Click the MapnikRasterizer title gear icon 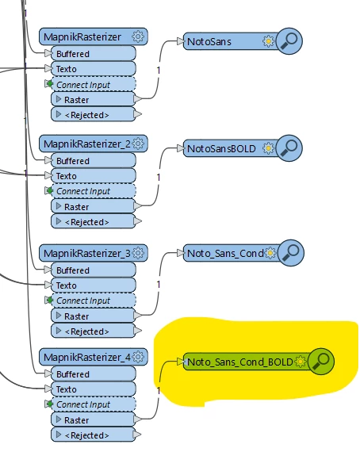(138, 36)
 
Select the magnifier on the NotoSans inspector (289, 41)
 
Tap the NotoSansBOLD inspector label (221, 149)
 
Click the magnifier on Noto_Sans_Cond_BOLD (321, 361)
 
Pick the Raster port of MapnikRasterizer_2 (93, 206)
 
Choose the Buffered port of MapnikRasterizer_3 (93, 270)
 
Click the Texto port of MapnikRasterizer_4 (93, 389)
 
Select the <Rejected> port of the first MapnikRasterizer (93, 115)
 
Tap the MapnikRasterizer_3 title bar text (87, 254)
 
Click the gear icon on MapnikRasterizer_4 (138, 357)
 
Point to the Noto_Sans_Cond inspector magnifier (290, 253)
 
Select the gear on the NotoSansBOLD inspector (268, 148)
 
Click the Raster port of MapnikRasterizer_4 (93, 419)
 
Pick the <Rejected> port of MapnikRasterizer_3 (93, 331)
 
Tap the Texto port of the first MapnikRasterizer (93, 69)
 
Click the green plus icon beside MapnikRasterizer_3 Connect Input (50, 300)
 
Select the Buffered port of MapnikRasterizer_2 (93, 160)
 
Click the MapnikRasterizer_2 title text (87, 144)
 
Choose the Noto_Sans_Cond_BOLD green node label (240, 362)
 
